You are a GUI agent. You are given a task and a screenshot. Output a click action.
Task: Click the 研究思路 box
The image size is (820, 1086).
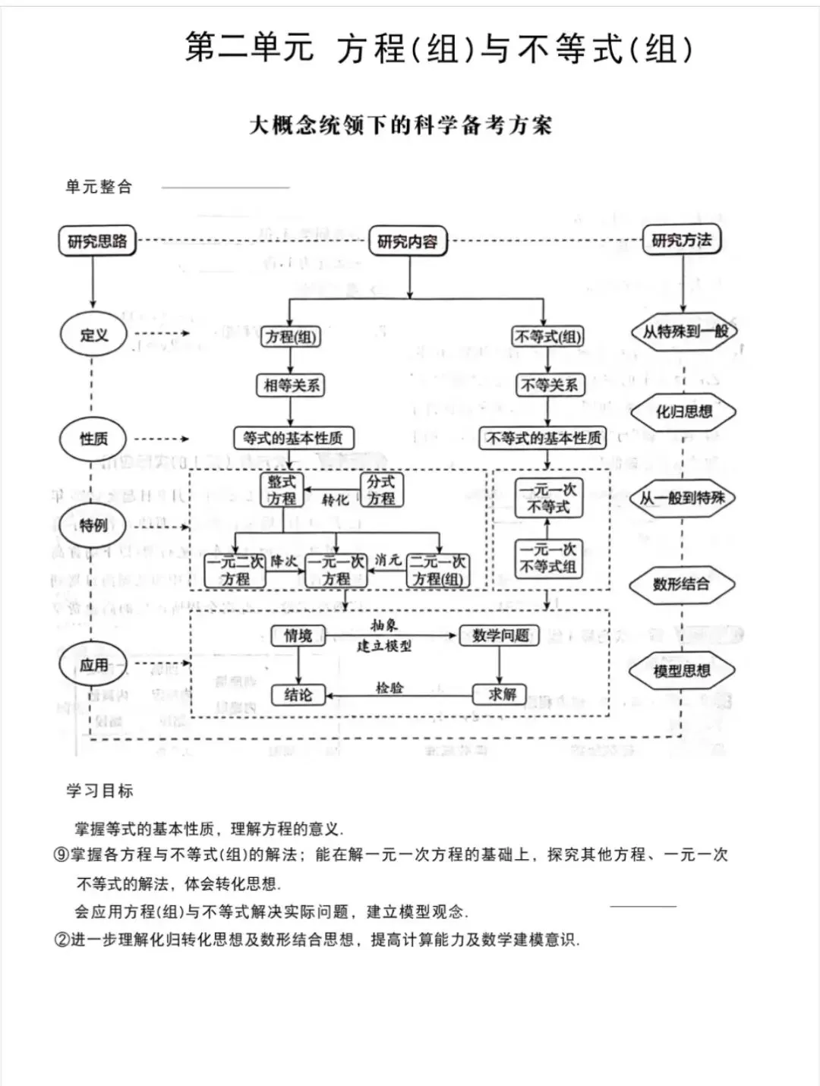pos(97,241)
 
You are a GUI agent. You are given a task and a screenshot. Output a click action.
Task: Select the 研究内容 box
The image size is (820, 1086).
pos(408,242)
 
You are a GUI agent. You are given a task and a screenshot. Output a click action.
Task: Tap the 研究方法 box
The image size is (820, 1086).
pos(681,241)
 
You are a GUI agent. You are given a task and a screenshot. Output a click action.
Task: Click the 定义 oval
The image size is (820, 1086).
pos(93,335)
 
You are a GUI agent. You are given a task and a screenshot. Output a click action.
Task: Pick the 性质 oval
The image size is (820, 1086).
pos(93,439)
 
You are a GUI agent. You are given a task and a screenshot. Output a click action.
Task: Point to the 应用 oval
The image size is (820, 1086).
pos(93,665)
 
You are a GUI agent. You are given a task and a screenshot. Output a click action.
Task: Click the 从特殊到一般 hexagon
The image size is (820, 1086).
pos(684,332)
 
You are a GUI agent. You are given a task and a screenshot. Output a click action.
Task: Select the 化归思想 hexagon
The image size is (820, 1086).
pos(683,412)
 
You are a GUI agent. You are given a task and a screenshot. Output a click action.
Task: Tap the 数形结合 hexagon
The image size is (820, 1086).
pos(681,584)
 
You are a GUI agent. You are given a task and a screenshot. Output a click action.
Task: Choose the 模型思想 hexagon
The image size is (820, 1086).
pos(682,671)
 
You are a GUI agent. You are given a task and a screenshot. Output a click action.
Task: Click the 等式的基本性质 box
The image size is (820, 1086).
pos(293,438)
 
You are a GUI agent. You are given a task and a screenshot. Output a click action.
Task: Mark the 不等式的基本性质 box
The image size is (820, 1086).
pos(544,438)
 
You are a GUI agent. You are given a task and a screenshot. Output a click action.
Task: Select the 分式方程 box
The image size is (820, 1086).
pos(381,490)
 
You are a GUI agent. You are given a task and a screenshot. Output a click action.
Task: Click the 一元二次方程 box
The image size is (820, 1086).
pos(235,571)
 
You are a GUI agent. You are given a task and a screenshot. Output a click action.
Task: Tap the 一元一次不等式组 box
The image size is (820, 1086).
pos(548,558)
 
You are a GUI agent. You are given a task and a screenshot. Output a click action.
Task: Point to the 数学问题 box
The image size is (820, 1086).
pos(500,635)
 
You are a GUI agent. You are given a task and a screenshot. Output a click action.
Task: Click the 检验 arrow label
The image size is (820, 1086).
pos(389,688)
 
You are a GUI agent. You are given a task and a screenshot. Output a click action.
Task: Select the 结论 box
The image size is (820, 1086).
pos(298,694)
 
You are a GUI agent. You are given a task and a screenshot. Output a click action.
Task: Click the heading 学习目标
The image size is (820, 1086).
pos(99,791)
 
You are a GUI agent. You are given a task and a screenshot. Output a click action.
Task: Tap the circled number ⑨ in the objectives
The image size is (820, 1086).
pos(61,855)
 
